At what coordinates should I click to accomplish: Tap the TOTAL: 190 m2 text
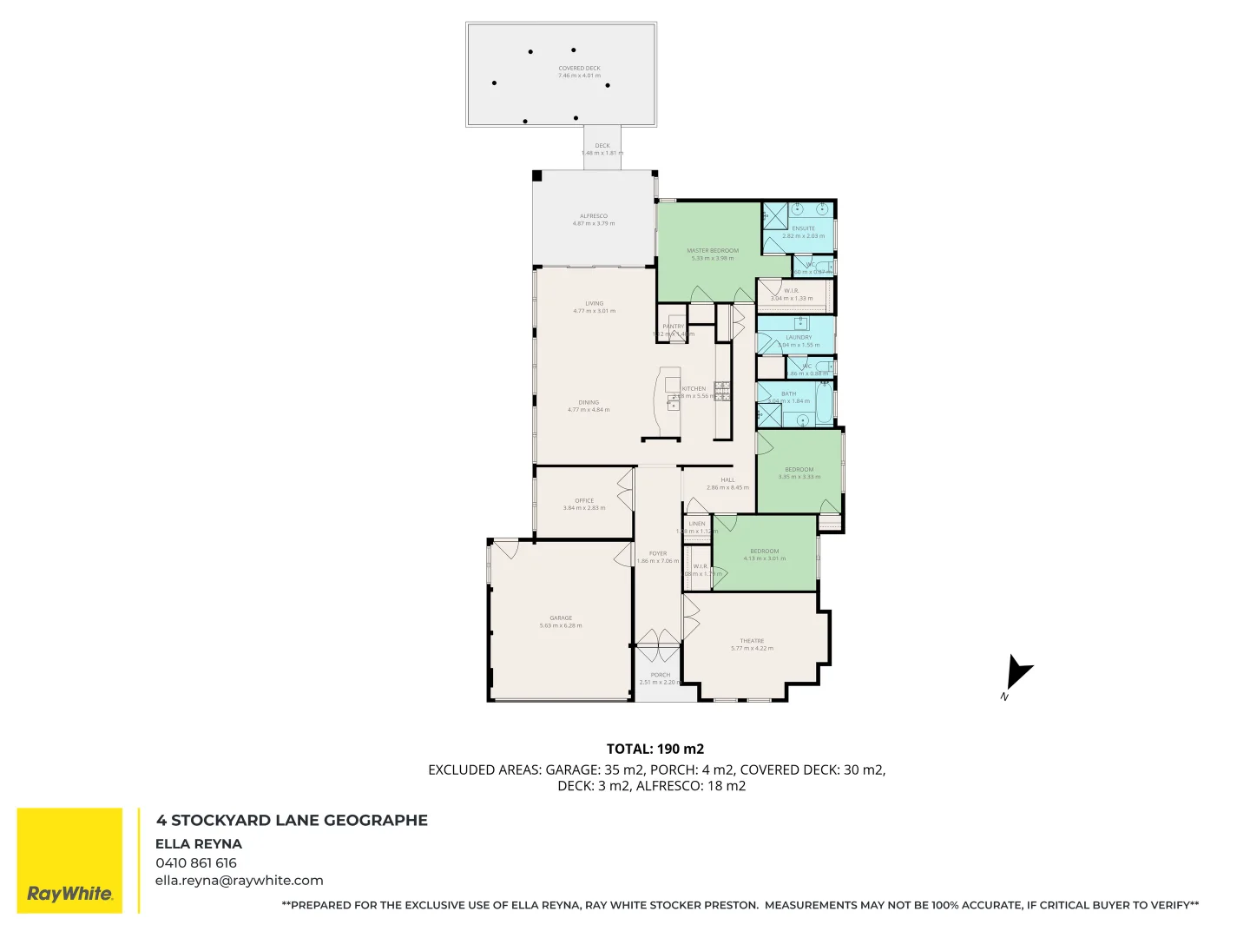pyautogui.click(x=655, y=749)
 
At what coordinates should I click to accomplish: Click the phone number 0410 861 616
pyautogui.click(x=196, y=862)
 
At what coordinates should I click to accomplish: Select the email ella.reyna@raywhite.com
pyautogui.click(x=239, y=880)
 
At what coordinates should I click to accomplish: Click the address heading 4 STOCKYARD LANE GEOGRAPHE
pyautogui.click(x=292, y=820)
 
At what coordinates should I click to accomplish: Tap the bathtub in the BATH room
pyautogui.click(x=822, y=404)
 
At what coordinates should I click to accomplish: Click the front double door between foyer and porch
pyautogui.click(x=658, y=644)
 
